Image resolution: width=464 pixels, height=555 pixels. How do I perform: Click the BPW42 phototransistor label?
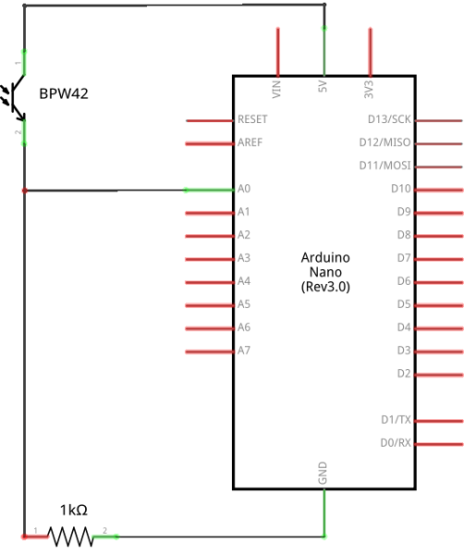coord(64,94)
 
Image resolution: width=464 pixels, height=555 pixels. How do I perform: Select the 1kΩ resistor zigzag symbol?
coord(70,536)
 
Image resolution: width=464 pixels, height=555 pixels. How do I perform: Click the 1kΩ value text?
coord(73,510)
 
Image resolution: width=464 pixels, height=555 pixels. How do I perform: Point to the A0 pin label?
coord(244,189)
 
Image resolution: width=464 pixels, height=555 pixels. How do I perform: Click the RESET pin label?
coord(252,120)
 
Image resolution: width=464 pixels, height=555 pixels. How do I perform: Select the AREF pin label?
coord(250,143)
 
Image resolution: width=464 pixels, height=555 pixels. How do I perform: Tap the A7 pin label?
coord(244,351)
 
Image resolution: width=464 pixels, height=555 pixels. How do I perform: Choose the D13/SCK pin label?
coord(389,119)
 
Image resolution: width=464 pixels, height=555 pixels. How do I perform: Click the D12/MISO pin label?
coord(385,142)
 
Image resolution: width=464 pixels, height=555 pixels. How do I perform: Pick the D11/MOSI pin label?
coord(385,166)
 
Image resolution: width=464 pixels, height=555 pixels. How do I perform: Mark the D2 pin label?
coord(403,373)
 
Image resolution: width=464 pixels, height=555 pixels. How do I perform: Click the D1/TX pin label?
coord(396,420)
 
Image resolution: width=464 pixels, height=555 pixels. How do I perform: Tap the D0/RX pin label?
coord(396,443)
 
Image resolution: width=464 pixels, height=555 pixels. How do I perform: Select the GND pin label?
coord(324,475)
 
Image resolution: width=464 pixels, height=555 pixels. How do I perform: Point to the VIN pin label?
coord(277,89)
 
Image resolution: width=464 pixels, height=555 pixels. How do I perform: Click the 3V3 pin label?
coord(370,89)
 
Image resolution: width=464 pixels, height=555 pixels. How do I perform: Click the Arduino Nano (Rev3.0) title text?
coord(325,272)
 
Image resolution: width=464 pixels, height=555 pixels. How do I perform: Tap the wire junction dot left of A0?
coord(24,191)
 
